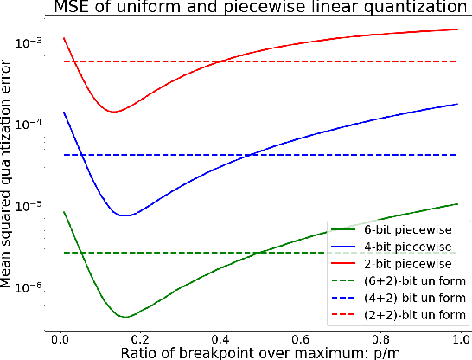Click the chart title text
pos(257,8)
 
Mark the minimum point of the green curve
pos(126,317)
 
